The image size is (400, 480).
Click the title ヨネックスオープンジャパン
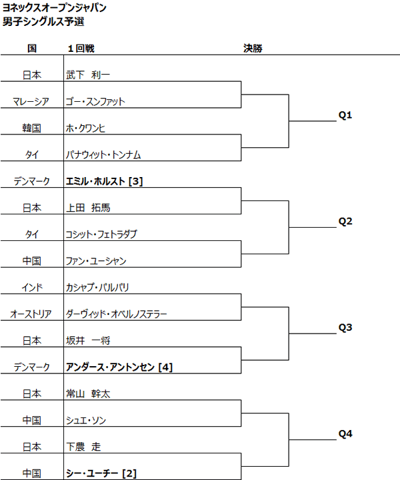click(x=54, y=7)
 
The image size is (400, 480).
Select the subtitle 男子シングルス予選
click(x=43, y=21)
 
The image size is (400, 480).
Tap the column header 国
click(x=32, y=48)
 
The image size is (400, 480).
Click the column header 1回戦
click(x=81, y=48)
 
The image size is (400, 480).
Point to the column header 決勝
click(x=253, y=48)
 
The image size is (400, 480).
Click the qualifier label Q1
click(x=345, y=115)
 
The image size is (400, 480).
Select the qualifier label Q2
click(x=345, y=221)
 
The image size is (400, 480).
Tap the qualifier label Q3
click(x=345, y=328)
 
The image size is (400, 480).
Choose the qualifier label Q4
click(x=345, y=434)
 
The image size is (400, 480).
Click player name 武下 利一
click(x=88, y=75)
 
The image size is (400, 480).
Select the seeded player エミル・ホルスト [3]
click(x=104, y=181)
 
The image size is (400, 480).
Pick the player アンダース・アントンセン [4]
click(x=119, y=367)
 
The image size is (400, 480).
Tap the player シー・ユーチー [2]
click(x=101, y=473)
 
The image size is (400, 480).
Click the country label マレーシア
click(x=31, y=101)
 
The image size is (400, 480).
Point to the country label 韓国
click(x=32, y=128)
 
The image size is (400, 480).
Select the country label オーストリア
click(x=31, y=314)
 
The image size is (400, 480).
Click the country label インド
click(x=32, y=287)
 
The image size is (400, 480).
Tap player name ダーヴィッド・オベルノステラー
click(x=117, y=314)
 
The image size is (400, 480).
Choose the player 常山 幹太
click(x=88, y=393)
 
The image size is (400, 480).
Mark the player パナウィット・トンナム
click(x=103, y=154)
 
